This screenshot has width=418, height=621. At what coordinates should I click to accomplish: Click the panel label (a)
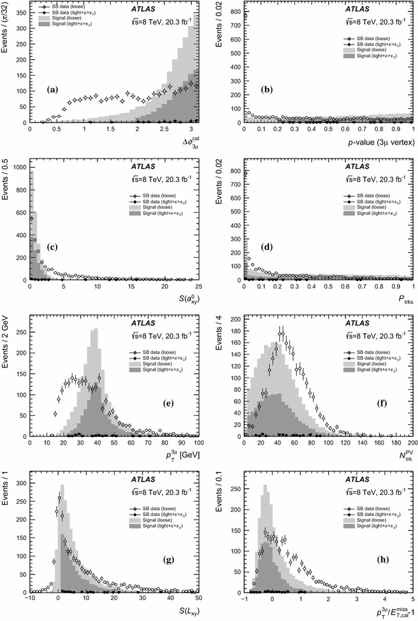[x=52, y=89]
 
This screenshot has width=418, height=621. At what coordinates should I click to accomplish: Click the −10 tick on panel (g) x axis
[x=30, y=598]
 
